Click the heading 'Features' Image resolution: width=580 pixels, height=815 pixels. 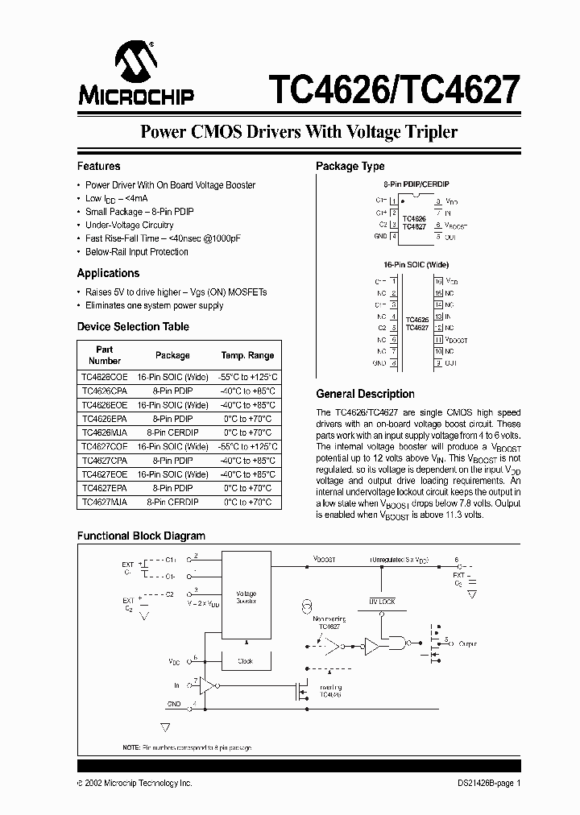point(98,167)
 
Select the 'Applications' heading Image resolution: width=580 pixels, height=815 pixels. point(108,273)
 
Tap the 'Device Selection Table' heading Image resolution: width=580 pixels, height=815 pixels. point(133,327)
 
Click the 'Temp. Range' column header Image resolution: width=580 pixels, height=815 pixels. point(247,355)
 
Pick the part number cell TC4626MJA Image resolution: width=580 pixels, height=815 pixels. point(105,432)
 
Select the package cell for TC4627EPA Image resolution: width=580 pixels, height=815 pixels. point(172,488)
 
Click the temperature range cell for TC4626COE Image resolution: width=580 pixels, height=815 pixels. point(247,377)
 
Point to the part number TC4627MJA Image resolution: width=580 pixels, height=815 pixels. point(105,502)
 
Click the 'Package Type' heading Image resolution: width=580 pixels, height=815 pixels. point(350,167)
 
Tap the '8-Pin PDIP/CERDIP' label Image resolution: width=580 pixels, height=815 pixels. point(416,184)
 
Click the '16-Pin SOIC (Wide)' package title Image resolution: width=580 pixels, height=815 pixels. point(416,264)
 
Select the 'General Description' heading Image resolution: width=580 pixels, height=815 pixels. point(365,394)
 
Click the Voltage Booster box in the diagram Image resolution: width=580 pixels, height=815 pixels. point(246,596)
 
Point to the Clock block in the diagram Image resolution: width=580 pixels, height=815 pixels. point(246,660)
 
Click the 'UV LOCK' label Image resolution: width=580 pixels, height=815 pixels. point(382,602)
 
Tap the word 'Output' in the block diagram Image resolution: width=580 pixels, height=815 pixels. point(467,644)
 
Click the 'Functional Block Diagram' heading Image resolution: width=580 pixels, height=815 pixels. point(140,536)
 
